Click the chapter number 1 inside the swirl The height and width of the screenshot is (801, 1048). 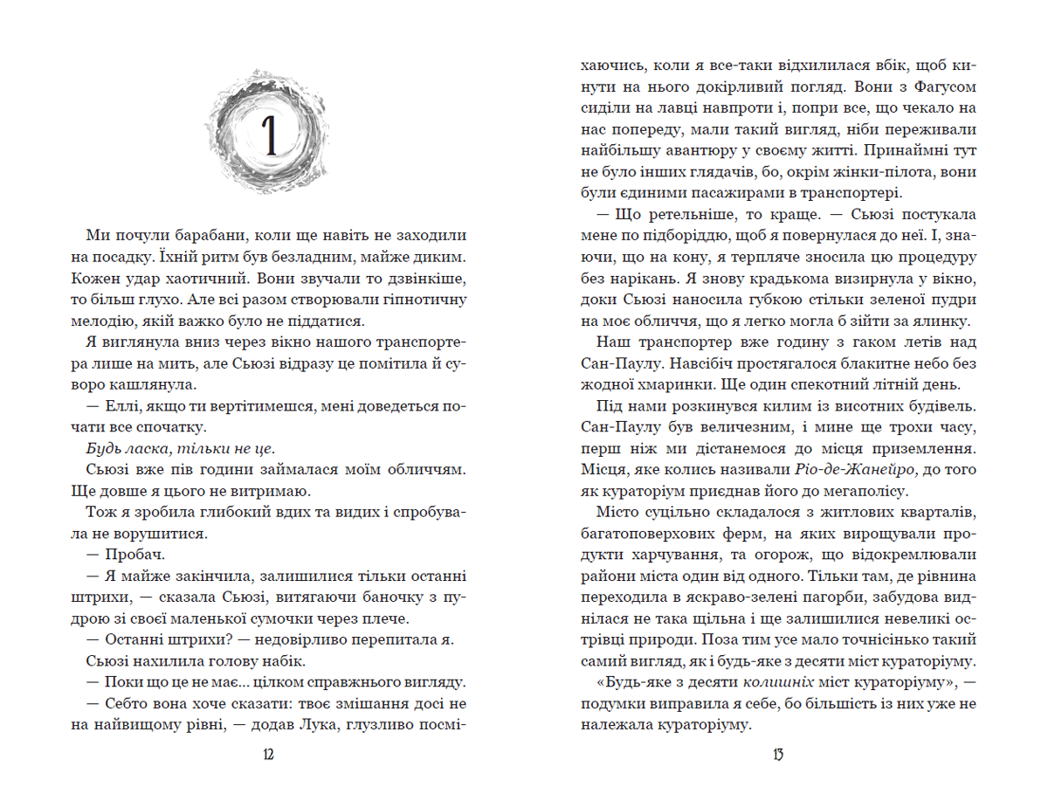tap(270, 133)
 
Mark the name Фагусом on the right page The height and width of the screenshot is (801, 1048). tap(944, 87)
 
